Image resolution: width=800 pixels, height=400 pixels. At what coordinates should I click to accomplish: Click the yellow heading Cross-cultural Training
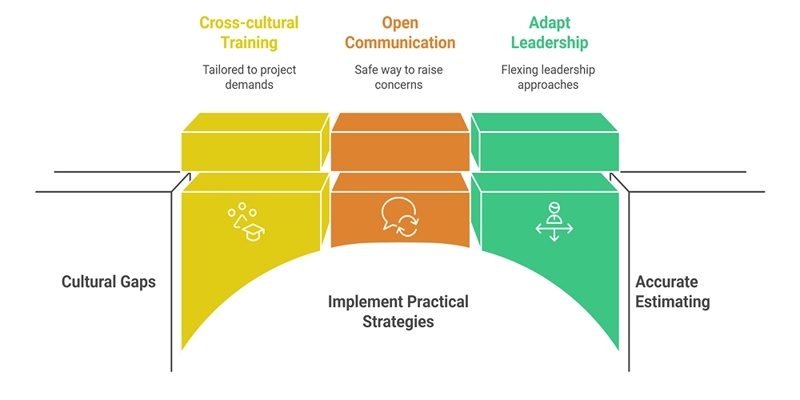click(249, 32)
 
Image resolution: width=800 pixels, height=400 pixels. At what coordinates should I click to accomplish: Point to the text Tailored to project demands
click(249, 77)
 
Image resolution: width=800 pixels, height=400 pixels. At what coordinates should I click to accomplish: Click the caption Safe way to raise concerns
click(398, 77)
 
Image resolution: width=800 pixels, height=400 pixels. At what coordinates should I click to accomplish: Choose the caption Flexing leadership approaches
click(548, 77)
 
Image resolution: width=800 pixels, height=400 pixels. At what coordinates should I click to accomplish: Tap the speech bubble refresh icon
click(399, 215)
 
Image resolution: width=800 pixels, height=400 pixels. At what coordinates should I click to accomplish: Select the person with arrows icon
click(554, 222)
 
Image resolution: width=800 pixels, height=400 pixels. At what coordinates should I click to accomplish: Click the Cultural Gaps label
click(109, 282)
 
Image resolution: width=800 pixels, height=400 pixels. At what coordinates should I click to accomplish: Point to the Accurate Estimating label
click(672, 292)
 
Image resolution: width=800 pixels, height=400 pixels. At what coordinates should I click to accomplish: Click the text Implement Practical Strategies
click(398, 312)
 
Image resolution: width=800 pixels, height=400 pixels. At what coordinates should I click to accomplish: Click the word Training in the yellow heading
click(249, 42)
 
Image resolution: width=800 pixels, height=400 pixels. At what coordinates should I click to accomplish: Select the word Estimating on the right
click(672, 302)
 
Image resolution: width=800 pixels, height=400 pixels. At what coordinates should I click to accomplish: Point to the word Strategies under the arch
click(398, 322)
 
